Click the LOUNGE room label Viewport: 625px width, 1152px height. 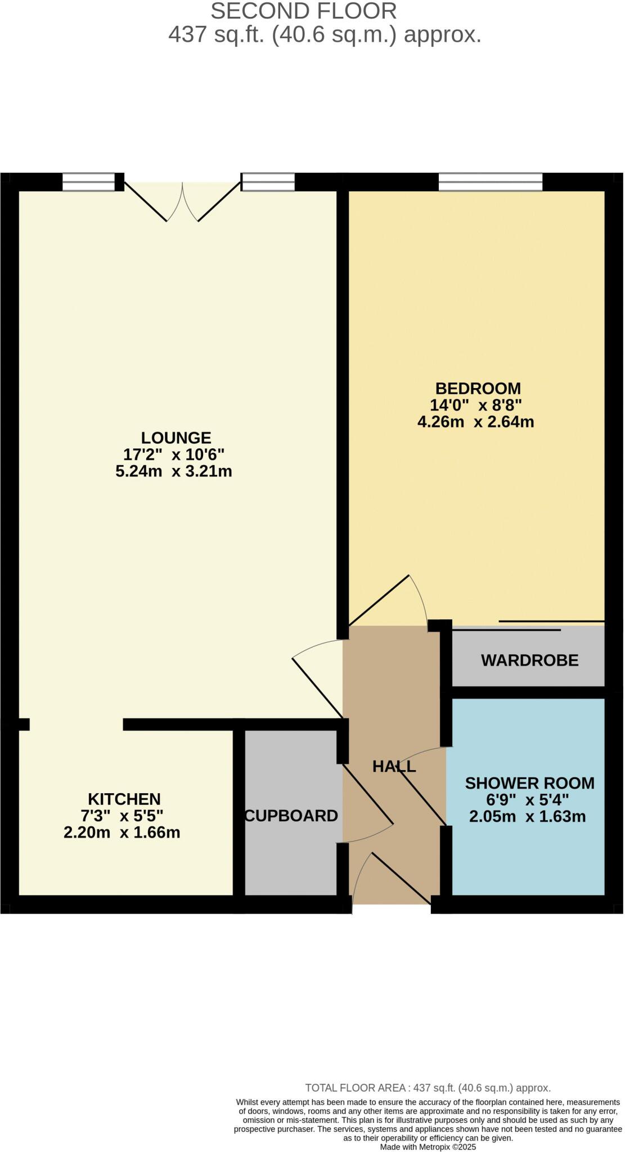coord(176,438)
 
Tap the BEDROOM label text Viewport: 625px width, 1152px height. coord(478,388)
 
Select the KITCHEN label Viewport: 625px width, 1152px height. coord(124,799)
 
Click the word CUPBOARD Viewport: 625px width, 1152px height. coord(291,816)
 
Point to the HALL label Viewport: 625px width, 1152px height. coord(394,766)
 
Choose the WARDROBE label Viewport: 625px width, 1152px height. coord(529,660)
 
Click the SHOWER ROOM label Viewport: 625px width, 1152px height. coord(529,783)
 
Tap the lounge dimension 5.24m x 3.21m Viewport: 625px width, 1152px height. coord(174,471)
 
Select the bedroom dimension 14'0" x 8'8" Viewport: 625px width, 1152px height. coord(476,405)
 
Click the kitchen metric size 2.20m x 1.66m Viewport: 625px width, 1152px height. coord(122,832)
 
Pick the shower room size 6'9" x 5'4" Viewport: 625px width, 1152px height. coord(528,800)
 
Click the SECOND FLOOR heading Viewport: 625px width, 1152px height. coord(304,11)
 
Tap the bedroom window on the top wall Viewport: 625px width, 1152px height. coord(491,182)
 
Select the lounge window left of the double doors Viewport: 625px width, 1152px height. coord(88,182)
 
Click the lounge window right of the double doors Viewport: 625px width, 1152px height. coord(268,182)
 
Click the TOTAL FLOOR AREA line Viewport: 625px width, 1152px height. coord(428,1088)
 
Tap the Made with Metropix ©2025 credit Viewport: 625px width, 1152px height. coord(428,1146)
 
